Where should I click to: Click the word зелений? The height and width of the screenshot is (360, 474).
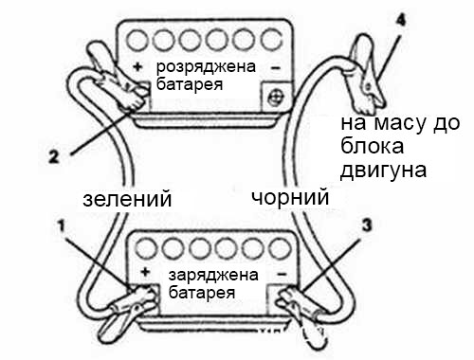click(127, 200)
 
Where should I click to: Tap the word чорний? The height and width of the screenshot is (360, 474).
click(290, 198)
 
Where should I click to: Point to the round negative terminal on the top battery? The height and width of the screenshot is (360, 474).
click(277, 95)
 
